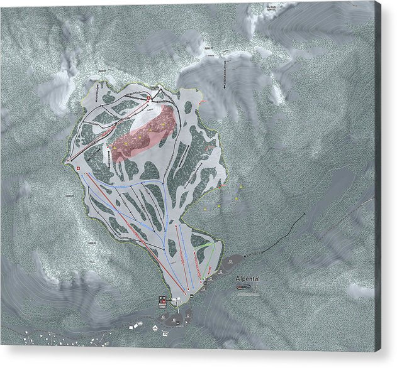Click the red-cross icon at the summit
(x=148, y=99)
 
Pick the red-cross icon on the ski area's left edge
(x=77, y=170)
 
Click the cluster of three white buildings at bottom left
(x=135, y=327)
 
